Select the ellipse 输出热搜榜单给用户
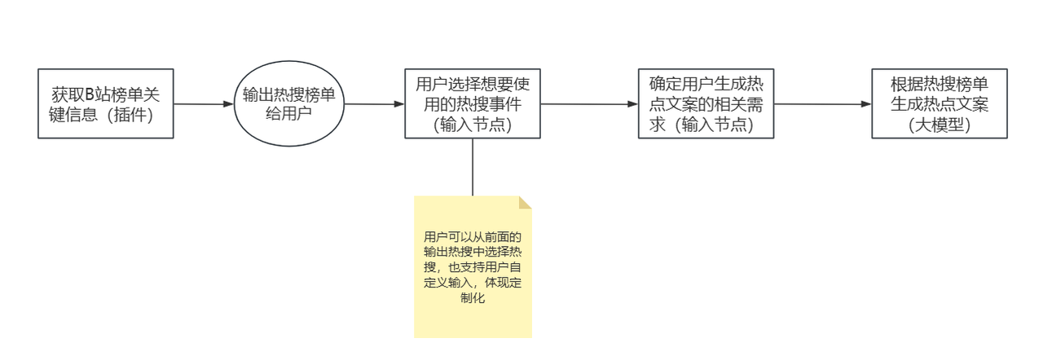pyautogui.click(x=289, y=104)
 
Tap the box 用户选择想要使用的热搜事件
pyautogui.click(x=473, y=103)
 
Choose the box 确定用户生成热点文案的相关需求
pyautogui.click(x=706, y=103)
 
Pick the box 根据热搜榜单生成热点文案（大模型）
pyautogui.click(x=940, y=103)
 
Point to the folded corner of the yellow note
pyautogui.click(x=526, y=201)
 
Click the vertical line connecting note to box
pyautogui.click(x=473, y=167)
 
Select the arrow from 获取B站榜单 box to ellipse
pyautogui.click(x=204, y=104)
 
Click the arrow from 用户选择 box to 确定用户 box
pyautogui.click(x=589, y=104)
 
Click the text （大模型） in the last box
pyautogui.click(x=940, y=125)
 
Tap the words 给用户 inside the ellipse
pyautogui.click(x=289, y=114)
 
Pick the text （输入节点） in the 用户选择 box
pyautogui.click(x=473, y=124)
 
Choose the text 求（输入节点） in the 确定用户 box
pyautogui.click(x=706, y=124)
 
